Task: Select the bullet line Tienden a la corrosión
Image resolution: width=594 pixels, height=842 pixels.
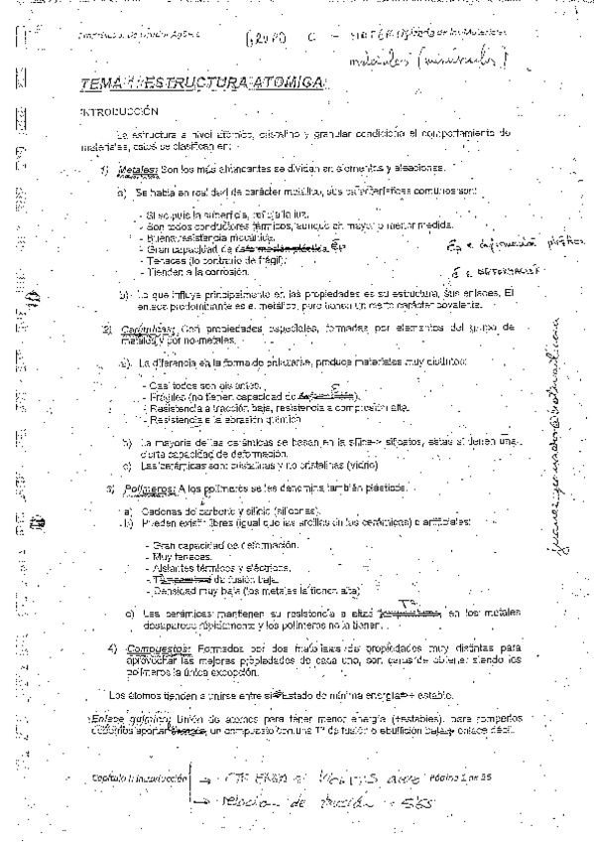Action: pos(187,270)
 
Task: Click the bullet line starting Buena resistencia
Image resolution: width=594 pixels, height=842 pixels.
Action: pos(204,237)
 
